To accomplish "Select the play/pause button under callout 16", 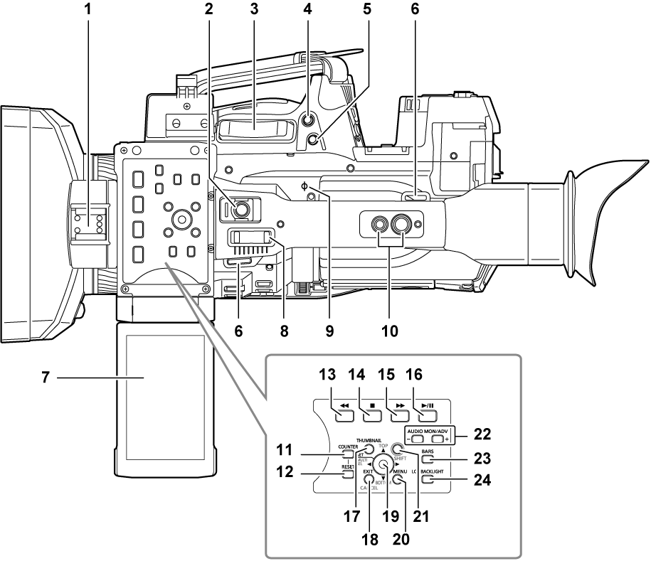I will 425,410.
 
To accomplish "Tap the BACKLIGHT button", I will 427,479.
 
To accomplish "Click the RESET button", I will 347,470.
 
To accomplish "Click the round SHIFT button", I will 398,449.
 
